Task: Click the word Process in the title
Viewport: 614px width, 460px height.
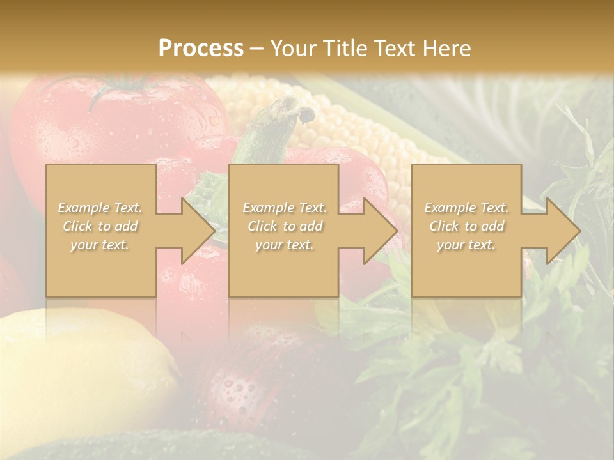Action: coord(201,48)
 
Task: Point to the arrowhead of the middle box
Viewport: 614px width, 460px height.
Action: coord(380,231)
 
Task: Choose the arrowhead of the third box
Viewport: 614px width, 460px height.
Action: coord(563,231)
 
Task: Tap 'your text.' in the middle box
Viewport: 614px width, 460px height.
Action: coord(284,245)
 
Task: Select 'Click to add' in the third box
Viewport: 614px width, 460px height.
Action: coord(466,226)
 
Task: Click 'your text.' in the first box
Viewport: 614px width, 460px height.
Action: coord(100,245)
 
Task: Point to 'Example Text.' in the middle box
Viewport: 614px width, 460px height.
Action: coord(284,208)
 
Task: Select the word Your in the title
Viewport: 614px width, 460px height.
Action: coord(291,48)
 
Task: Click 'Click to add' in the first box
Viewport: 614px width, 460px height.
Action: coord(100,226)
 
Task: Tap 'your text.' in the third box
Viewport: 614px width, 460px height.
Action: coord(466,245)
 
